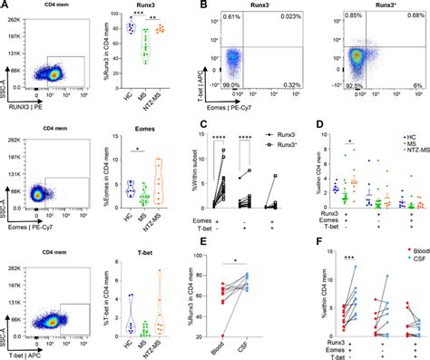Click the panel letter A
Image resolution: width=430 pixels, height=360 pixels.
[x=5, y=6]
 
